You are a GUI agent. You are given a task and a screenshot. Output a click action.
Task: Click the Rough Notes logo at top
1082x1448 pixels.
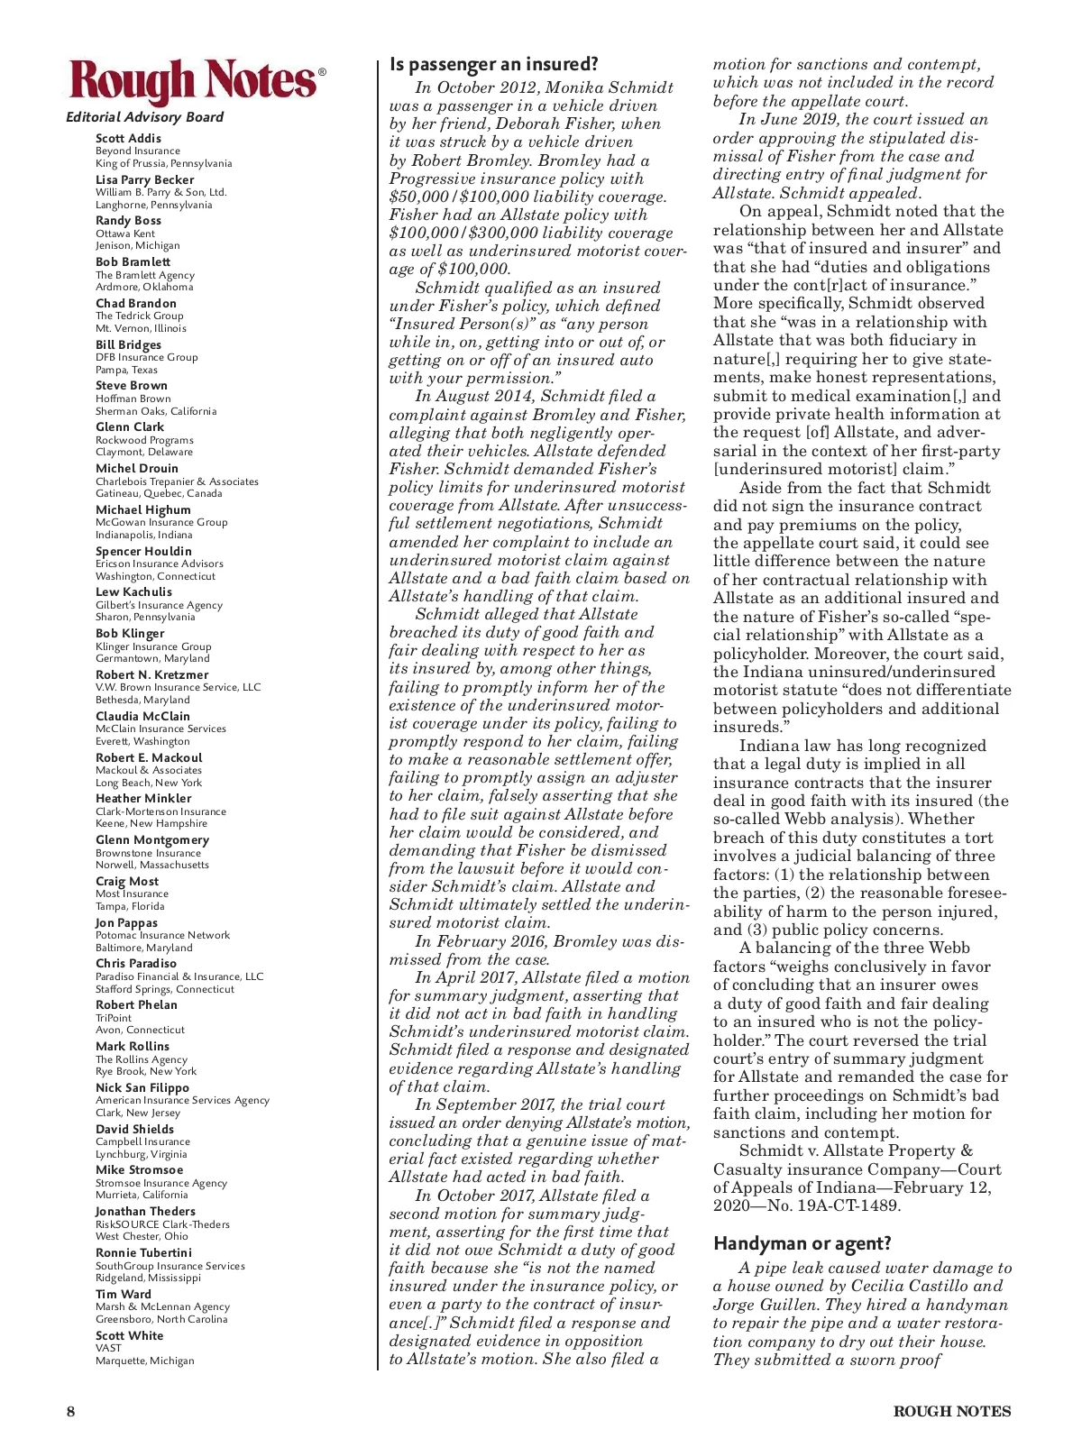[x=192, y=82]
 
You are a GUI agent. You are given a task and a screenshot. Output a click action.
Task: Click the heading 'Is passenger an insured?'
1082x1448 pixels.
[x=493, y=64]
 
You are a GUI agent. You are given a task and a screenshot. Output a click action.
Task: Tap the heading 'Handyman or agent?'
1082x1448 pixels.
[x=802, y=1243]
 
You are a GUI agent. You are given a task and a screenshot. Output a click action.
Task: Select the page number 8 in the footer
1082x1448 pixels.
[x=70, y=1412]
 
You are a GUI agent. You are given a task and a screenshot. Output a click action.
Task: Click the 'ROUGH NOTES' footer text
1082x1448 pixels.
[x=951, y=1412]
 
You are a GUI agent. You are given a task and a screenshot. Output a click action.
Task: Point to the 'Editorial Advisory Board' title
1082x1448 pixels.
[x=144, y=117]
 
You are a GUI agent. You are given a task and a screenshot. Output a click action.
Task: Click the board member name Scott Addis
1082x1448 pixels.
[x=128, y=138]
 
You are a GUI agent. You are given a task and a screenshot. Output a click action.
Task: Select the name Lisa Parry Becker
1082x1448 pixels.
[x=144, y=179]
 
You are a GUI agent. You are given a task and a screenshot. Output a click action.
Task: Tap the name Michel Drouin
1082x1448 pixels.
[x=137, y=468]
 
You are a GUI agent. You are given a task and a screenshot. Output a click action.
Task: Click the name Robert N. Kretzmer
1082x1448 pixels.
[x=151, y=674]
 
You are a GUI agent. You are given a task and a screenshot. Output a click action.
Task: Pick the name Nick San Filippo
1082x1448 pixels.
[x=142, y=1087]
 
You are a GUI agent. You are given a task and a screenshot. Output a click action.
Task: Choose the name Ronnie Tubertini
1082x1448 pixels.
[x=143, y=1252]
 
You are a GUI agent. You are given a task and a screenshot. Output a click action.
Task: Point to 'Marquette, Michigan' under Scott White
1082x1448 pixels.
[x=144, y=1361]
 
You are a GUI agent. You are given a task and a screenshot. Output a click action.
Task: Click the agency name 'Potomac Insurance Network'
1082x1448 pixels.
[x=162, y=935]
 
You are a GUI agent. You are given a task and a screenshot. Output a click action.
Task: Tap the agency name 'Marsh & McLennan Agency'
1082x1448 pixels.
[x=162, y=1306]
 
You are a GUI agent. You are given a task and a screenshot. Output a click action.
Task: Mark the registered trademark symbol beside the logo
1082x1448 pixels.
[x=322, y=72]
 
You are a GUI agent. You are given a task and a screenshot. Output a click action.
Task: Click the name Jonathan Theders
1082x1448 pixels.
[x=145, y=1211]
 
